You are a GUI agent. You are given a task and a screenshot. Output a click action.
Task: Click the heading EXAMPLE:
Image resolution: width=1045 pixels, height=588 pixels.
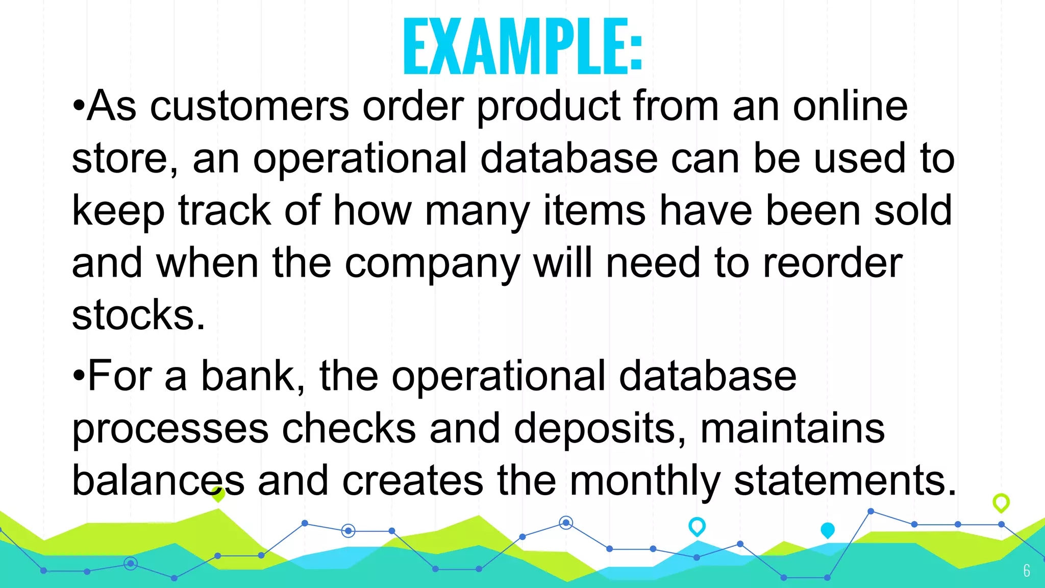(x=522, y=47)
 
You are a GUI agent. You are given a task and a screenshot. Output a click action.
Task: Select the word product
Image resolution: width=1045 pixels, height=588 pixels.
(x=549, y=107)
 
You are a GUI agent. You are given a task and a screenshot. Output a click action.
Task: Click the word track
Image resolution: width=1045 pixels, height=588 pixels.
(x=225, y=210)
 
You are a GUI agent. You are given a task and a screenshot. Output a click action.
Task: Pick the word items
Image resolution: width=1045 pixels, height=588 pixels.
(x=594, y=210)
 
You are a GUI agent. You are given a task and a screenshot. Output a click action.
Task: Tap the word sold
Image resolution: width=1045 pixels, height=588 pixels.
(x=913, y=210)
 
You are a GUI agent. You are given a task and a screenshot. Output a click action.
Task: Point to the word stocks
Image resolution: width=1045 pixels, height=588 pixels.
(x=138, y=315)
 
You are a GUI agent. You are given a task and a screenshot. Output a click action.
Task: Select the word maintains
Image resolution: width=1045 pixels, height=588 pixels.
(x=792, y=429)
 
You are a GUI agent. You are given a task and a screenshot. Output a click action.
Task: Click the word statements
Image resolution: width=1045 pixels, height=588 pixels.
(x=845, y=482)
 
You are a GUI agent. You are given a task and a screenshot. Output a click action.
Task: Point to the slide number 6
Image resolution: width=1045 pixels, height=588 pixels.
(x=1027, y=571)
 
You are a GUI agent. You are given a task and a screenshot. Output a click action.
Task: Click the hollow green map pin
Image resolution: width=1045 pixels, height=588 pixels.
(x=1001, y=503)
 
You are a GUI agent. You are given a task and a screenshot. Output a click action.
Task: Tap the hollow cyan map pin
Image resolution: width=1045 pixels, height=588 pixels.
(x=697, y=526)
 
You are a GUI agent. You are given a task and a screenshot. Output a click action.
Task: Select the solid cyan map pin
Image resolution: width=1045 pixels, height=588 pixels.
(x=828, y=530)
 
